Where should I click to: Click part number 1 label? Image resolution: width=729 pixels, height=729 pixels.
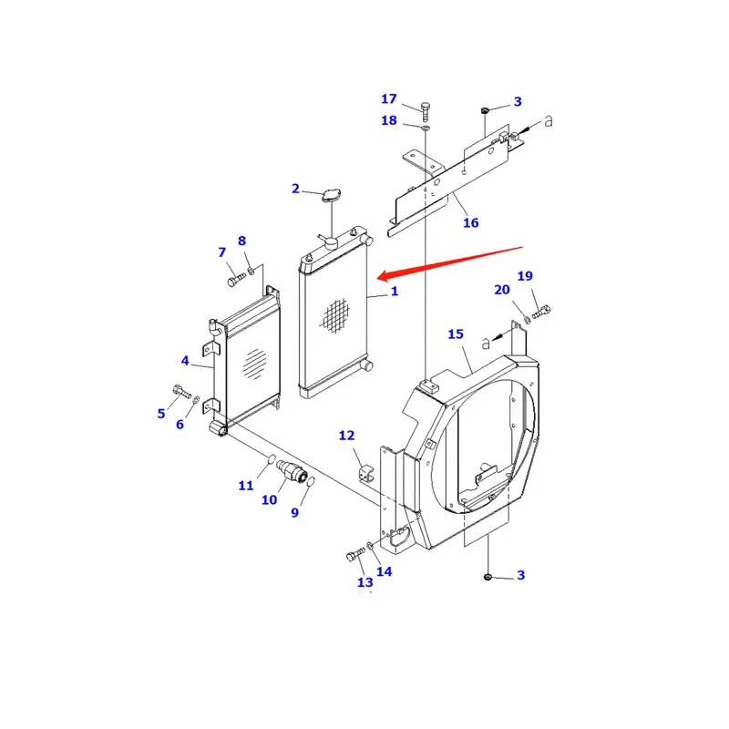tap(395, 292)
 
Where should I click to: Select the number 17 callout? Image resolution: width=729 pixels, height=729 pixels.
tap(389, 98)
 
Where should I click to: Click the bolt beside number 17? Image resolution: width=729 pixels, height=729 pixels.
tap(426, 109)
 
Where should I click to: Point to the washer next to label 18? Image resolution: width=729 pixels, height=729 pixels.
tap(426, 128)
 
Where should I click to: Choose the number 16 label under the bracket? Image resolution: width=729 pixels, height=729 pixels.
tap(470, 222)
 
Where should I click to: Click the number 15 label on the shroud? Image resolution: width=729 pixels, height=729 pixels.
tap(456, 334)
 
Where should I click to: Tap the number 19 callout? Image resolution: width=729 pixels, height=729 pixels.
tap(525, 276)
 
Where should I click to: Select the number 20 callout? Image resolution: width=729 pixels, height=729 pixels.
tap(502, 291)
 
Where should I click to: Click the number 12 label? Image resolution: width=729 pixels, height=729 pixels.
tap(346, 436)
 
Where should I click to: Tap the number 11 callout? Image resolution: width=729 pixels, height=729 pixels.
tap(246, 486)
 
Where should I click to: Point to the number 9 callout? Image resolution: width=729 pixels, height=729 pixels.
tap(294, 513)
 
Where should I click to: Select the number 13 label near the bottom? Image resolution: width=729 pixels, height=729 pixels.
tap(364, 582)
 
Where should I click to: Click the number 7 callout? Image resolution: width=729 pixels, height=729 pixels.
tap(221, 252)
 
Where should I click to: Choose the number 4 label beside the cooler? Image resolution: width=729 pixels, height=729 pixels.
tap(185, 361)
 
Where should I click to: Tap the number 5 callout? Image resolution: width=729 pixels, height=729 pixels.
tap(161, 413)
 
